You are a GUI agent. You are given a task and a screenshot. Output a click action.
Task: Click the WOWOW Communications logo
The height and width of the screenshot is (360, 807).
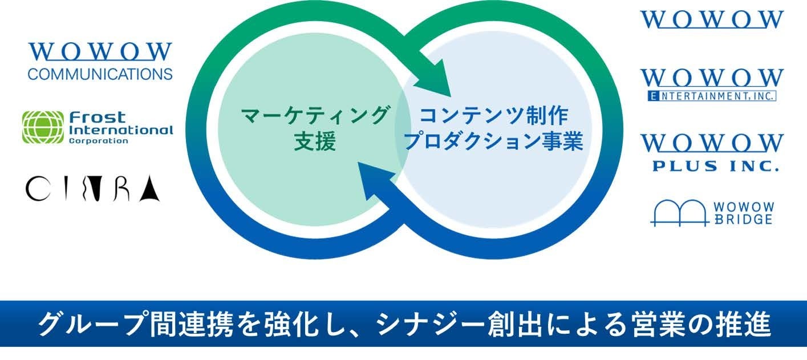pyautogui.click(x=100, y=60)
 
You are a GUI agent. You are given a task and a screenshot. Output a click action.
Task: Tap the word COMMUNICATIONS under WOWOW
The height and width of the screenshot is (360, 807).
pyautogui.click(x=100, y=74)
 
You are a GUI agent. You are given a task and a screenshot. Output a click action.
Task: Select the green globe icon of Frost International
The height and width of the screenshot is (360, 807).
pyautogui.click(x=42, y=127)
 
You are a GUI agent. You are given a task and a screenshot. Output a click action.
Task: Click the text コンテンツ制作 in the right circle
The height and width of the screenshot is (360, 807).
pyautogui.click(x=493, y=116)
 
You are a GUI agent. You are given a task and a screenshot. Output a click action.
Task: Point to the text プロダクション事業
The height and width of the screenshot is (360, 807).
pyautogui.click(x=493, y=142)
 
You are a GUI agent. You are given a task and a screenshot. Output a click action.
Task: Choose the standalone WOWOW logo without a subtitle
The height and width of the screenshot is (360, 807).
pyautogui.click(x=712, y=18)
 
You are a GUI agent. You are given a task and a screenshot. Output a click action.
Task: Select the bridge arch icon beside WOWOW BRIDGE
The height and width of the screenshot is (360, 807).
pyautogui.click(x=679, y=212)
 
